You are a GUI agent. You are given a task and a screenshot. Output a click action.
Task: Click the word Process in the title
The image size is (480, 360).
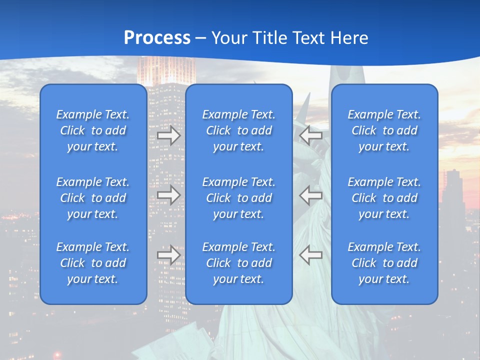[157, 38]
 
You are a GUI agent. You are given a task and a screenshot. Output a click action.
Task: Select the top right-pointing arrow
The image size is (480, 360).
[168, 135]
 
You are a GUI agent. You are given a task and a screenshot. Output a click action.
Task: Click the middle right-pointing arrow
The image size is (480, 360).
[168, 195]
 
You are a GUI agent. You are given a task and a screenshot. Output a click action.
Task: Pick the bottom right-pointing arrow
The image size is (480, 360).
[168, 255]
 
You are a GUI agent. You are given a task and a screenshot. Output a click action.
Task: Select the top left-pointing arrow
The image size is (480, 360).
[310, 135]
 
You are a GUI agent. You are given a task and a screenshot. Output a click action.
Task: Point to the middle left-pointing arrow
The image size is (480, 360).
[310, 195]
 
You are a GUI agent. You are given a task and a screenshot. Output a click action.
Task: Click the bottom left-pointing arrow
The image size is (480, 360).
[310, 255]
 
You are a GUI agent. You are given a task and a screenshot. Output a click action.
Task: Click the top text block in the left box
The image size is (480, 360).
[93, 130]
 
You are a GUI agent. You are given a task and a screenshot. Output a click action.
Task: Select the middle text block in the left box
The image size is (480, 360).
[93, 198]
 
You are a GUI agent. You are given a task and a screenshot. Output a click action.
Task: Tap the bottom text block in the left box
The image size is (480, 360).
[93, 263]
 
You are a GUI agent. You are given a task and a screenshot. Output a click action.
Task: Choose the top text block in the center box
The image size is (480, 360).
[238, 130]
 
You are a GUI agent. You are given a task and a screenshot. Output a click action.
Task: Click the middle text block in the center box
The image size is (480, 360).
[238, 198]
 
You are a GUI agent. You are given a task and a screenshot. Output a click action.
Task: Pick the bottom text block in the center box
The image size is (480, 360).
[238, 263]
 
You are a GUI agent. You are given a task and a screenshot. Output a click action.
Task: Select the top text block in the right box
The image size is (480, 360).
[384, 130]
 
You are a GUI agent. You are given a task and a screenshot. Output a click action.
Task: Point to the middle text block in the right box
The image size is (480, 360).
[384, 198]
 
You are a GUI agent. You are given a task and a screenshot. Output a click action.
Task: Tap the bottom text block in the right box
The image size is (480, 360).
[384, 263]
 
